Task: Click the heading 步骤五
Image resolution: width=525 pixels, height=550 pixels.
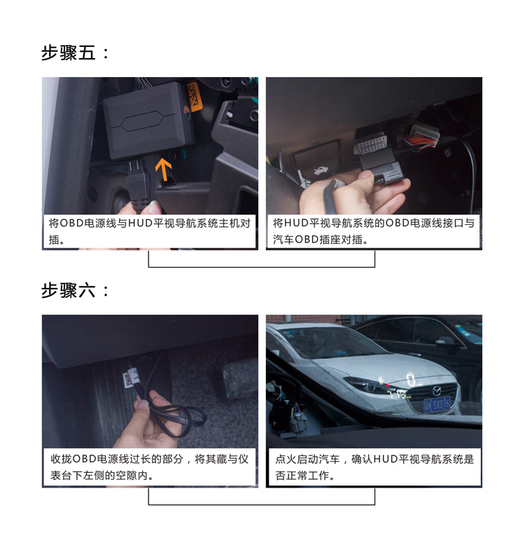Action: pos(76,53)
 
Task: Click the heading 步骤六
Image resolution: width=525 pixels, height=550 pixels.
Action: pos(76,291)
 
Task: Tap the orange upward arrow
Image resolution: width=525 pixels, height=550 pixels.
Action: pos(163,170)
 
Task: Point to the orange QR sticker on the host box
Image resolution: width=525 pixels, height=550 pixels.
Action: pos(195,97)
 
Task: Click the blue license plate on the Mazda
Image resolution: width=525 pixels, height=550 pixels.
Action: pos(437,405)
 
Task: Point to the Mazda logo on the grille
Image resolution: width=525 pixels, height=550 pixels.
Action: pos(436,391)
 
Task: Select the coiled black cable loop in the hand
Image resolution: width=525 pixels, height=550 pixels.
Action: pos(171,418)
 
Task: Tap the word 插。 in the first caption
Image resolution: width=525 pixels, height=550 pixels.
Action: pos(57,240)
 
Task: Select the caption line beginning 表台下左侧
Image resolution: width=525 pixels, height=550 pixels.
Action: pos(102,476)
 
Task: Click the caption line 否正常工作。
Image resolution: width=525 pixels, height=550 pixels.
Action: pos(305,476)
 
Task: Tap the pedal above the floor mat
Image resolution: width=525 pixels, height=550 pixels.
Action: pos(241,378)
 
